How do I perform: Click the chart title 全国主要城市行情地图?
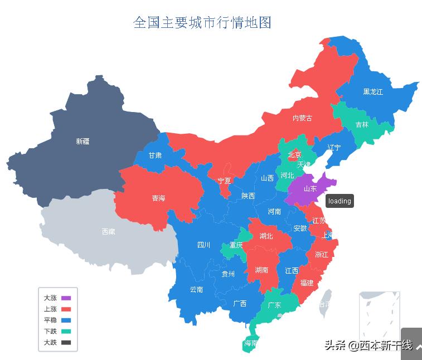coord(202,23)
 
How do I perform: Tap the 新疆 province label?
coord(83,142)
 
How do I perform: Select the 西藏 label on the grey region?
coord(108,231)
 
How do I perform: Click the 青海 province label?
coord(158,198)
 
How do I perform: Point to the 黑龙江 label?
coord(373,92)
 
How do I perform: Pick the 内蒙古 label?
coord(302,118)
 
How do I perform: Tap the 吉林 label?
coord(362,125)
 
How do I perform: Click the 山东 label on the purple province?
coord(310,189)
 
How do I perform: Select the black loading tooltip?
coord(339,201)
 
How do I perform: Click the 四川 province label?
coord(203,245)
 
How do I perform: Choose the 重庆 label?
coord(236,245)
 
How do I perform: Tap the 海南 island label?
coord(250,343)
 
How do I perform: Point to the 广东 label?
coord(274,305)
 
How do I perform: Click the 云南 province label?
coord(196,289)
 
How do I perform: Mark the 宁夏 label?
coord(224,181)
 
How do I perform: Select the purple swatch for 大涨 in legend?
coord(66,298)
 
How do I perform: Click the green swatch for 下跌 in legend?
coord(66,332)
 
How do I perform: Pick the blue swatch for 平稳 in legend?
coord(66,320)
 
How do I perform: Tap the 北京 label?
coord(294,155)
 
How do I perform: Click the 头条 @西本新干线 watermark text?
coord(368,346)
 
